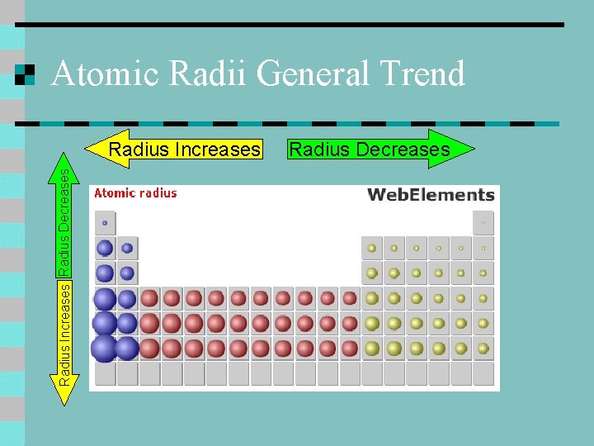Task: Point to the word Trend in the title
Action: (x=422, y=74)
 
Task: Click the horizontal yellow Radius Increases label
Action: (x=185, y=149)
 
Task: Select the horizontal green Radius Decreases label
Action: (x=368, y=149)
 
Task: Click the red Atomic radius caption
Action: (x=135, y=193)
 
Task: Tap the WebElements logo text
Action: (x=430, y=195)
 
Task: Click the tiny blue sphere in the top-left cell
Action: (x=105, y=223)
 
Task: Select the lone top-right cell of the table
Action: (x=483, y=223)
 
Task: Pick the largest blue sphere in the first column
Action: (x=105, y=349)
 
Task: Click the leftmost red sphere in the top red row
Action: (x=149, y=298)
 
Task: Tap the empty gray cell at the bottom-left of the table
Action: (x=105, y=373)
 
